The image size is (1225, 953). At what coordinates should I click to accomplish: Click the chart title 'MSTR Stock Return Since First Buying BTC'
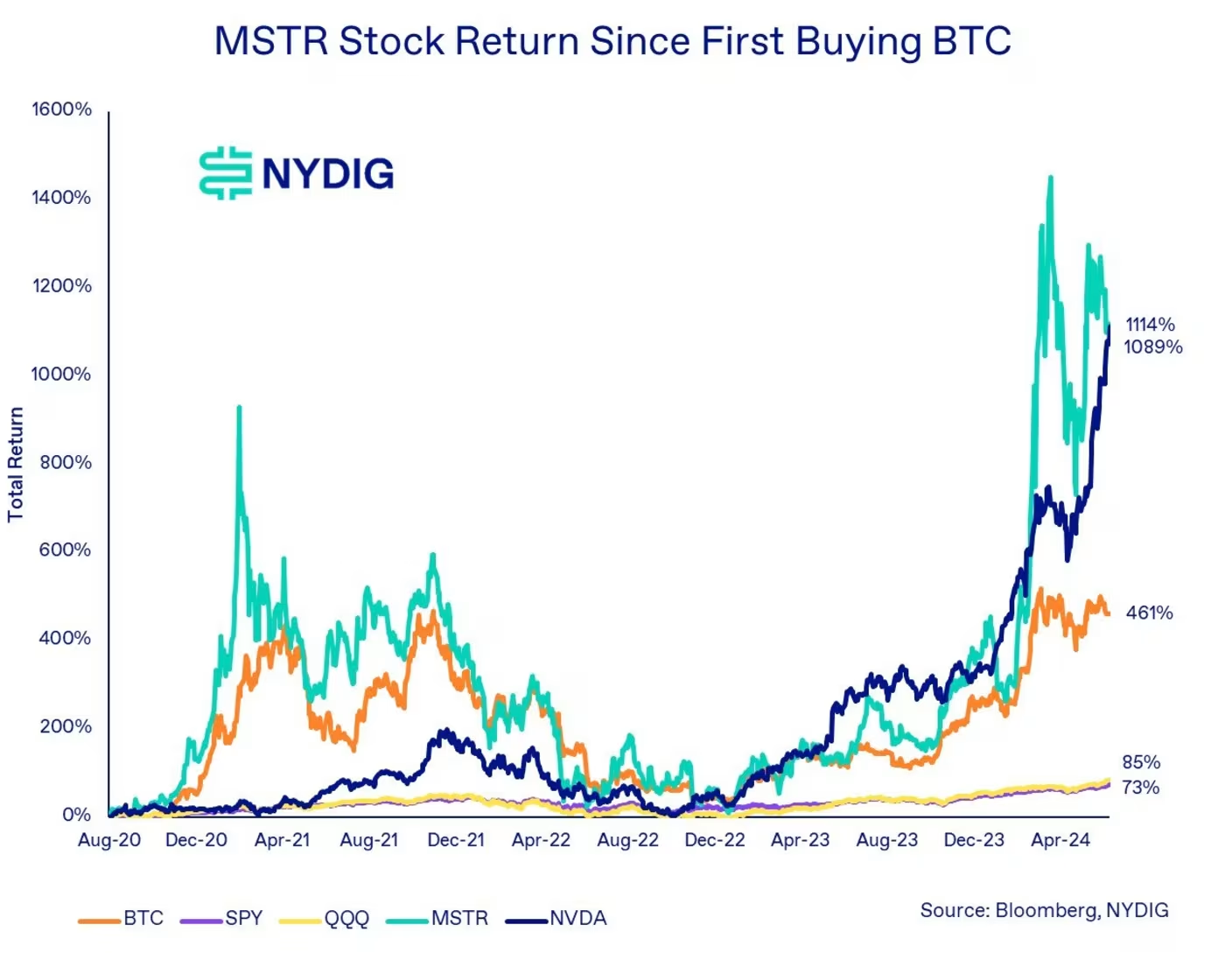point(612,41)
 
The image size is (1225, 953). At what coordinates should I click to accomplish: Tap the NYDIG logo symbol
point(225,173)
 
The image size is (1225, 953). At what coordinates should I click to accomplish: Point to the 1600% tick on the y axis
point(61,109)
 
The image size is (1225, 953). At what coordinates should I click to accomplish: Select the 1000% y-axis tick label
point(61,374)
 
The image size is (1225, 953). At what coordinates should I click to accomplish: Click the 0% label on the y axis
point(76,815)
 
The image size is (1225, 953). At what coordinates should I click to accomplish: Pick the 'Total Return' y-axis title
point(16,465)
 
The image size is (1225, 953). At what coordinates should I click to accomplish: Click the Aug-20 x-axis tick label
point(109,840)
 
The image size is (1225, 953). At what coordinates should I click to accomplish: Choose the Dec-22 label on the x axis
point(715,840)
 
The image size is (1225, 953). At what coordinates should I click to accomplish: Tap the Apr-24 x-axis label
point(1060,840)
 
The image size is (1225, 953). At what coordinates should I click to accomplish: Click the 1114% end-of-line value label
point(1150,325)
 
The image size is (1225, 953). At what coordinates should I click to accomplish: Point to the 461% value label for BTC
point(1149,613)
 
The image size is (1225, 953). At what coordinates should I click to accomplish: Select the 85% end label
point(1141,762)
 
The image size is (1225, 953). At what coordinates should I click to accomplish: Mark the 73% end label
point(1141,788)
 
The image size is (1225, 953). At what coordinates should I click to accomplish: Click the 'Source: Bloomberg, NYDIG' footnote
point(1044,910)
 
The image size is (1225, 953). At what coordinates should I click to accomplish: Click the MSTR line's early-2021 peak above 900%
point(239,408)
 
